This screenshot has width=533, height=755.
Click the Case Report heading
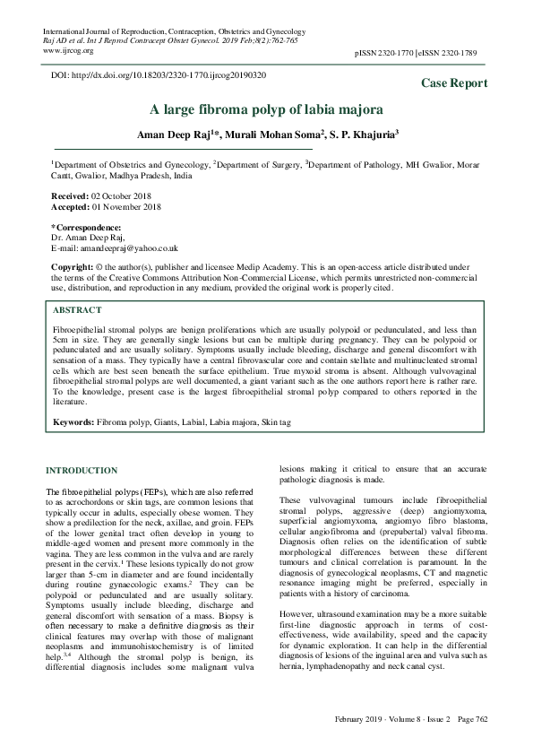point(455,83)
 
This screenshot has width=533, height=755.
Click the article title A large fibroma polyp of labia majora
point(266,110)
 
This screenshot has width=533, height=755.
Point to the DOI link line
point(159,76)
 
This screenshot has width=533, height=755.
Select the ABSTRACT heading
point(77,309)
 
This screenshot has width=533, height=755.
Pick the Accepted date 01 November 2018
point(108,206)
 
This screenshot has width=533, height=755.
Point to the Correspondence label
point(87,228)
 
